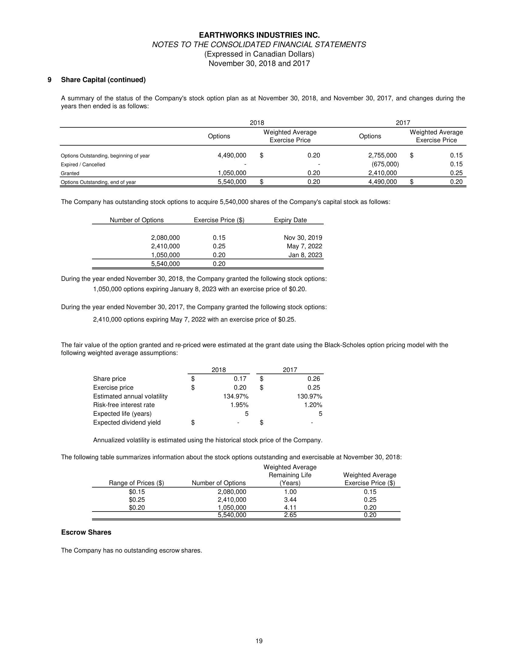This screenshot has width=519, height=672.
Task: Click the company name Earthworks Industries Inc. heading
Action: (259, 35)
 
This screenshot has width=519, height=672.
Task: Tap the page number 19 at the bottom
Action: (259, 641)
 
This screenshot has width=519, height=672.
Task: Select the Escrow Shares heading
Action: (86, 532)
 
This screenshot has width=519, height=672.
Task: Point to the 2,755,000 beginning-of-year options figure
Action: (382, 155)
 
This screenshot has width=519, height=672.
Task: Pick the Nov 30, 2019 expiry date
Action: (303, 238)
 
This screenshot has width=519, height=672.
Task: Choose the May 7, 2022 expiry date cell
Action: (304, 246)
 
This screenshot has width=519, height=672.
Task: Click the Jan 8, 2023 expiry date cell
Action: (305, 255)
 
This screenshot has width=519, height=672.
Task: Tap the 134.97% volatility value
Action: (236, 396)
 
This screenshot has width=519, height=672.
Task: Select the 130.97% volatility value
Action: (310, 396)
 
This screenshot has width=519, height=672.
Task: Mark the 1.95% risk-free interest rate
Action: (240, 405)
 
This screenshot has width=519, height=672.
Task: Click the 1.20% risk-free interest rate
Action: (313, 405)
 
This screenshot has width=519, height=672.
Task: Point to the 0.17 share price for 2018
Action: (240, 379)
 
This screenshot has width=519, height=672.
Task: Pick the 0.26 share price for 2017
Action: (314, 379)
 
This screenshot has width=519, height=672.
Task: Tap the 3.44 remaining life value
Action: (290, 500)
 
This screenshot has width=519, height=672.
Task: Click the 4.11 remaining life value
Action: (290, 508)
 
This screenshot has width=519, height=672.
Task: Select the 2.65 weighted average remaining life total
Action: (290, 515)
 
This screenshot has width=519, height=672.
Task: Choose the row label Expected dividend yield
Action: (127, 422)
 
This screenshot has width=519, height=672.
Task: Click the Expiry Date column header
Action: (290, 220)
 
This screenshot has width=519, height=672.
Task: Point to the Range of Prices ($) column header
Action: (137, 483)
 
